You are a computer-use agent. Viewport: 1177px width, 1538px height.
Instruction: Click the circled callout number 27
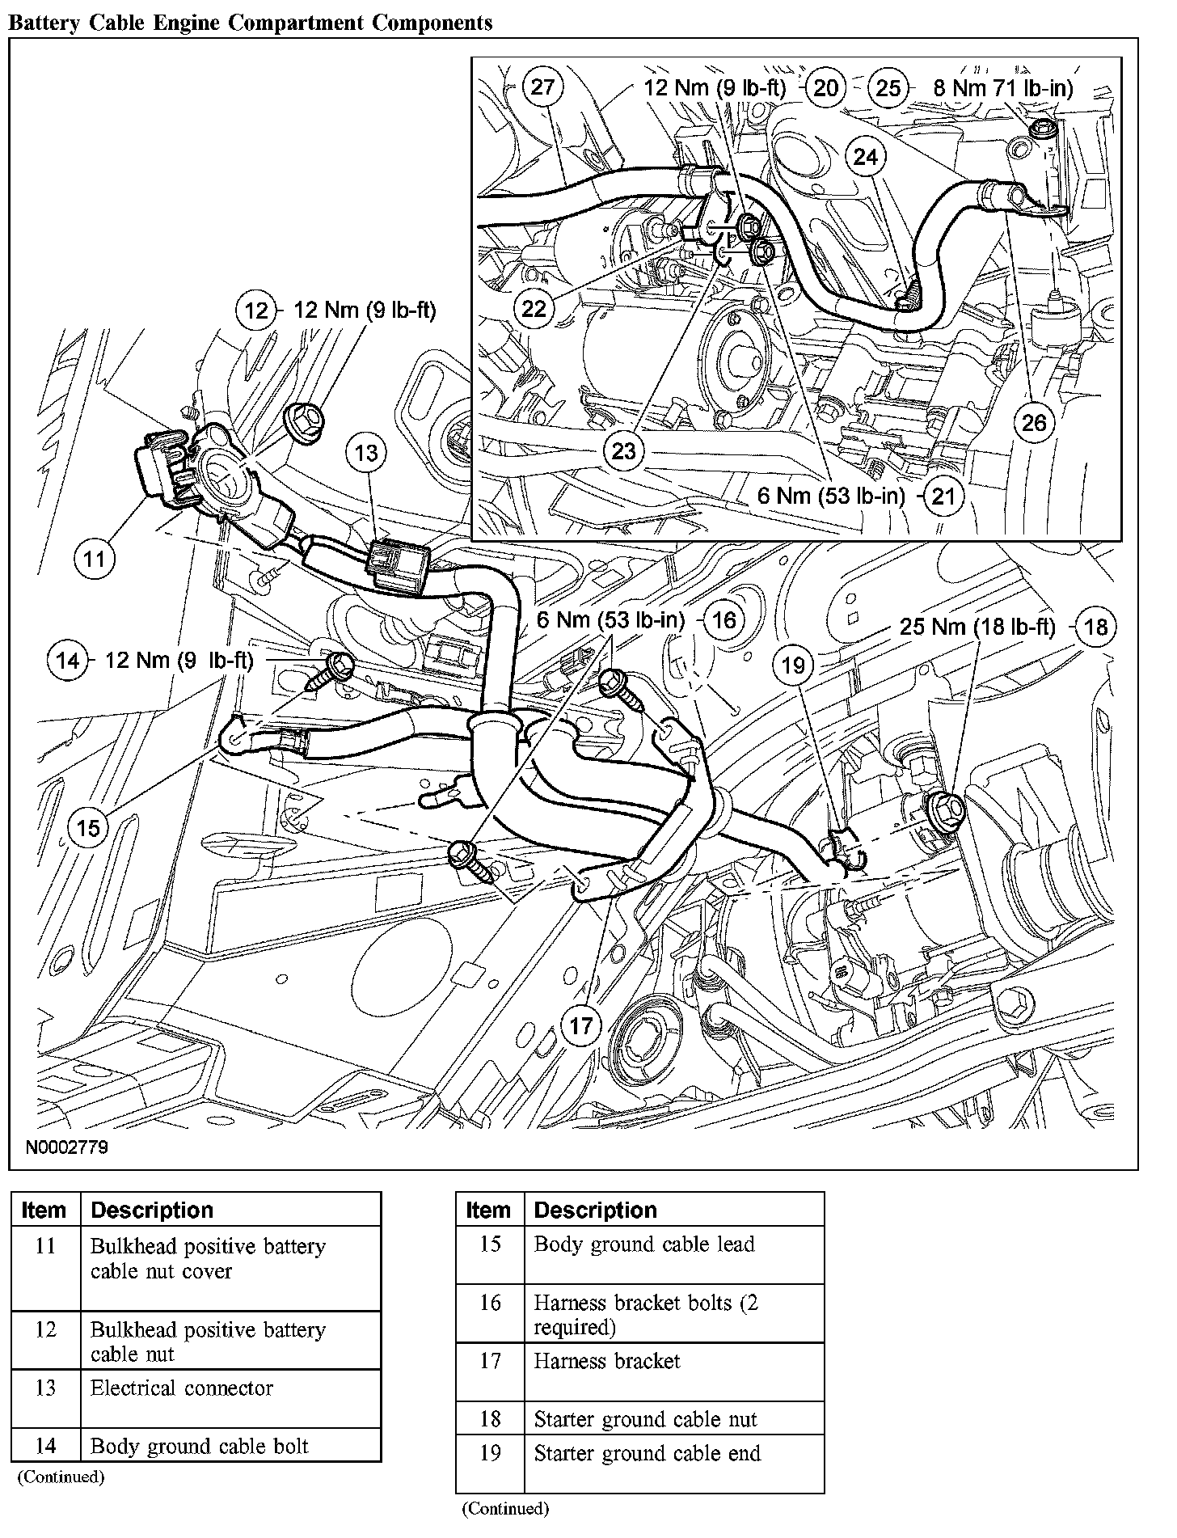click(x=542, y=87)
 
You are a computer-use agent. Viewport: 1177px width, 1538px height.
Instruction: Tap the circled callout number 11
click(x=95, y=559)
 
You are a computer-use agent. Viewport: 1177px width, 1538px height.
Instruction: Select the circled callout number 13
click(x=366, y=453)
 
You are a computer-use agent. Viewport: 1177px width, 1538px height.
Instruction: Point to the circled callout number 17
click(x=581, y=1026)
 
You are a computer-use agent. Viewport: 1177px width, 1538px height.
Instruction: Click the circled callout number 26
click(x=1034, y=422)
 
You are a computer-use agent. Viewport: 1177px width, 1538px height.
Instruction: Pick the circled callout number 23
click(x=624, y=450)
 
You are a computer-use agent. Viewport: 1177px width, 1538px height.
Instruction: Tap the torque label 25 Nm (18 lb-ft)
click(x=977, y=627)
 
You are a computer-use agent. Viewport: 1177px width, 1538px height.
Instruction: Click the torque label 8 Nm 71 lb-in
click(x=1003, y=87)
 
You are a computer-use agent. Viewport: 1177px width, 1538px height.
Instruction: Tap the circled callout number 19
click(x=794, y=665)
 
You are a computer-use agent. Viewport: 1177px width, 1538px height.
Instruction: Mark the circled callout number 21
click(x=943, y=496)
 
